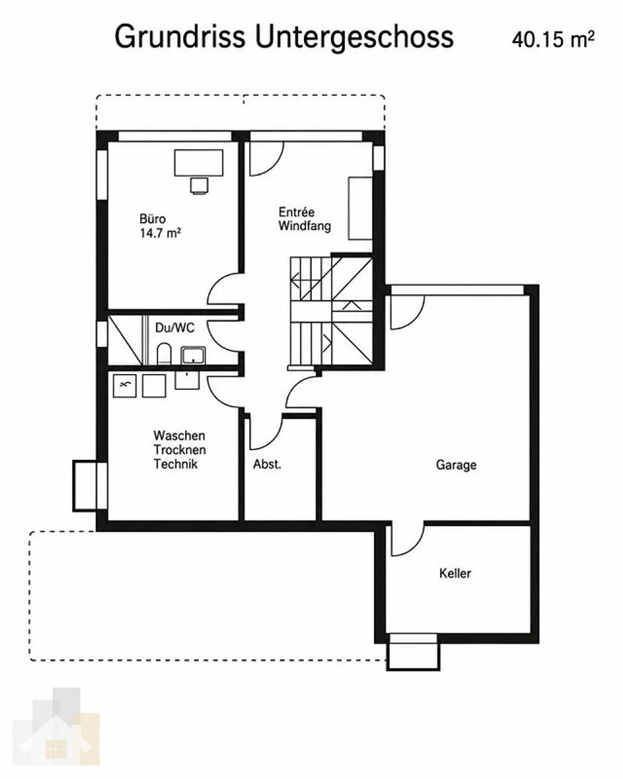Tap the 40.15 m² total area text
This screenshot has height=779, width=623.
click(x=553, y=40)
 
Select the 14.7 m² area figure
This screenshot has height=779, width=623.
click(x=160, y=233)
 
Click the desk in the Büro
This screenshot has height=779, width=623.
click(x=199, y=163)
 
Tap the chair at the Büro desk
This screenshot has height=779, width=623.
click(x=199, y=185)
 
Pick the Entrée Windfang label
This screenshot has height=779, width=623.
click(x=305, y=219)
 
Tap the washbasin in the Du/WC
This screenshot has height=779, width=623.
click(x=193, y=355)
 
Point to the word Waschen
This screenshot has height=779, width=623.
click(x=179, y=435)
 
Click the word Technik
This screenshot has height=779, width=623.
click(x=176, y=464)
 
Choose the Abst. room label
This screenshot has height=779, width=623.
click(x=267, y=464)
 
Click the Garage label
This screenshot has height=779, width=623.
click(x=456, y=465)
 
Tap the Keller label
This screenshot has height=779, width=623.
click(x=455, y=573)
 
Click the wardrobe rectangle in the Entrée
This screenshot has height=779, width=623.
click(x=360, y=208)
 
